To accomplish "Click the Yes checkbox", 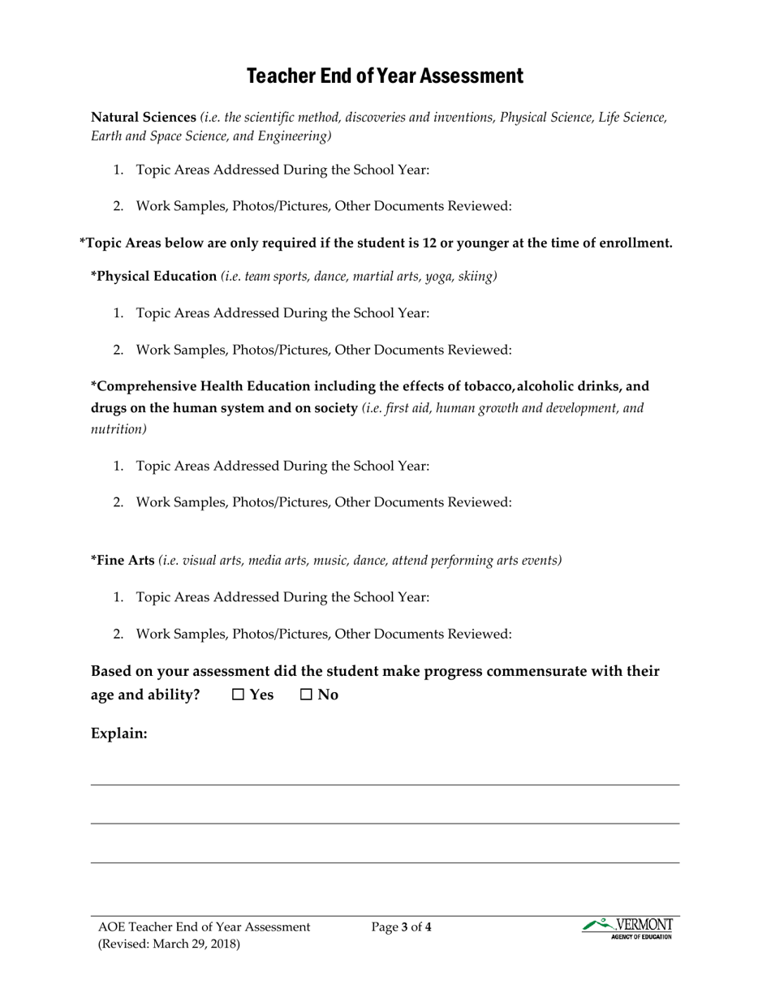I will (x=238, y=695).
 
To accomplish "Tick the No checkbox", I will (x=306, y=695).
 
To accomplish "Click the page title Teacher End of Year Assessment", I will (x=385, y=76).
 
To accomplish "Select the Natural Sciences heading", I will (x=144, y=117).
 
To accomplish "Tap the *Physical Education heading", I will (x=153, y=276).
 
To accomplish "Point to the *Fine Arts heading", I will (x=123, y=560).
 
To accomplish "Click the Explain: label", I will (x=118, y=733).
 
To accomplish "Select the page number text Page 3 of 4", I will (x=401, y=927).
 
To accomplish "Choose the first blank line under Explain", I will (x=385, y=784).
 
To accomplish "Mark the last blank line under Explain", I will (x=385, y=862).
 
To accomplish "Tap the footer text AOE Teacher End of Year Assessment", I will (x=204, y=927).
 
